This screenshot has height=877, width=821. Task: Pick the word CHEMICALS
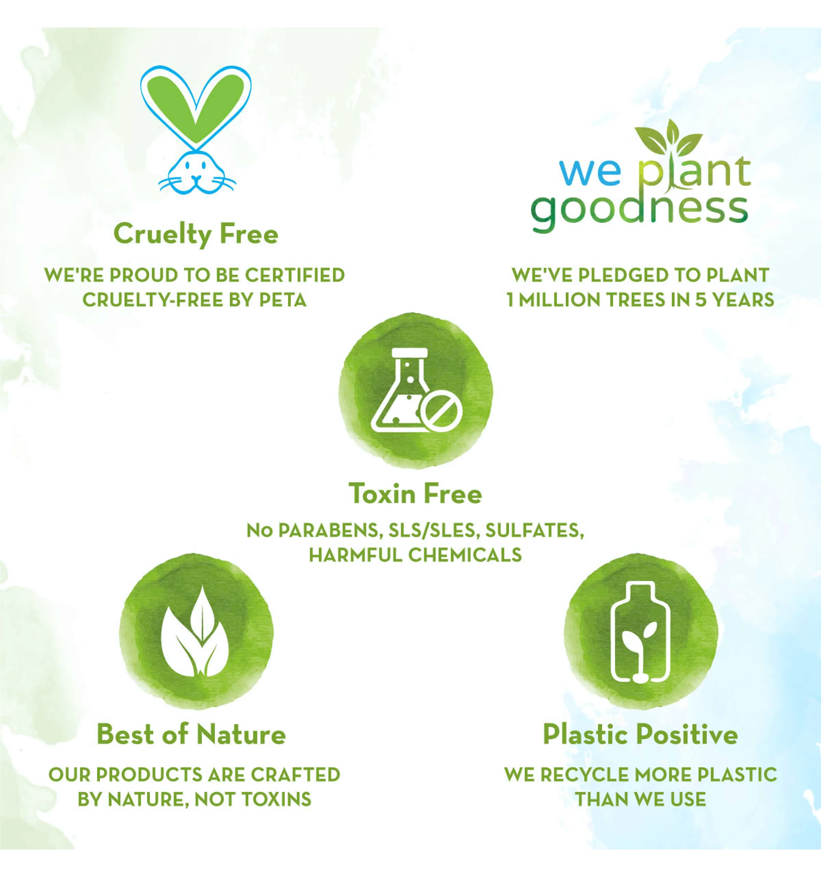[465, 555]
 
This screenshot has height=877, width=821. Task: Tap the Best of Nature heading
[191, 734]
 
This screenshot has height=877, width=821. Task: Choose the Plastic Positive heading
[640, 734]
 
